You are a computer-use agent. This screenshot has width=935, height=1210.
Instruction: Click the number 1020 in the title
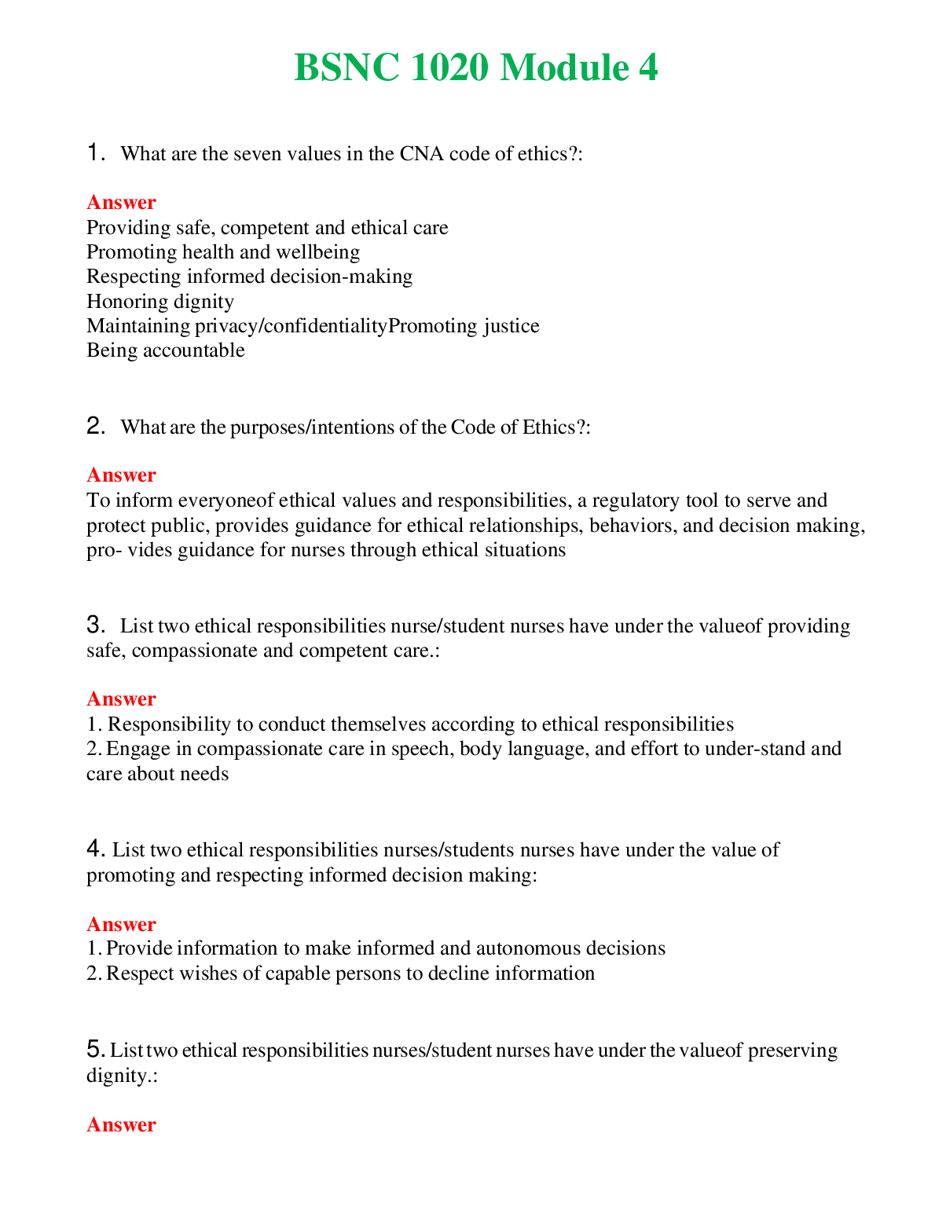[x=450, y=68]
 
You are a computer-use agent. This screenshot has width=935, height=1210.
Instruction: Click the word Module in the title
[x=564, y=68]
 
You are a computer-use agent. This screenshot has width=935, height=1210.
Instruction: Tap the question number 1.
[x=95, y=152]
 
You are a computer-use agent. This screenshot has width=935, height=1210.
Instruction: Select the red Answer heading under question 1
[x=121, y=202]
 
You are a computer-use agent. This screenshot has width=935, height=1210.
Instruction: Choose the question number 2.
[x=95, y=426]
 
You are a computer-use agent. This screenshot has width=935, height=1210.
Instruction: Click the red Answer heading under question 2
[x=121, y=475]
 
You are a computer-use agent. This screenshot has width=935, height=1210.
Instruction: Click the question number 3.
[x=95, y=625]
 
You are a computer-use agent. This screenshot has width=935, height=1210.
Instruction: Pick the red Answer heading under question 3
[x=121, y=698]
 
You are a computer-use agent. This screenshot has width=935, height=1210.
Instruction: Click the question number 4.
[x=95, y=849]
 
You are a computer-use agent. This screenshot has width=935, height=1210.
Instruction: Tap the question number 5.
[x=95, y=1049]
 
